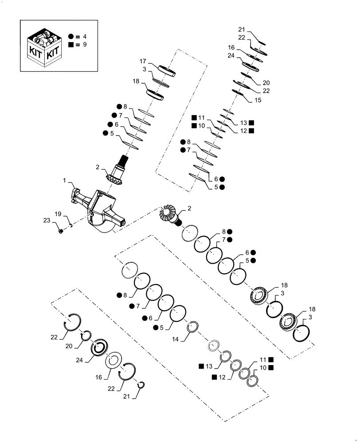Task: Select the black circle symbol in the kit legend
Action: tap(71, 37)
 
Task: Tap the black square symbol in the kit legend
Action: tap(71, 45)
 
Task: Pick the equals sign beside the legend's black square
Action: tap(78, 45)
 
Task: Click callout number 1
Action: tap(64, 181)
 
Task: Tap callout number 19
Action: tap(58, 214)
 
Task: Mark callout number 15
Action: tap(258, 101)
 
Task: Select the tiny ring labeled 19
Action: tap(70, 225)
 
